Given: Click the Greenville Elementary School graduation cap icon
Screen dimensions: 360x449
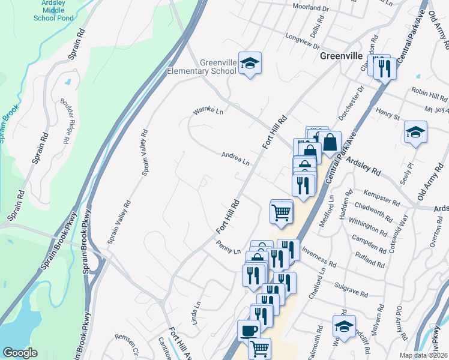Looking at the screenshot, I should click(250, 62).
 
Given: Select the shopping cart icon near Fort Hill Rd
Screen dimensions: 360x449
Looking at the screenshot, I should click(282, 212).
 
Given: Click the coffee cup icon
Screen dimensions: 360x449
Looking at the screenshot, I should click(248, 331).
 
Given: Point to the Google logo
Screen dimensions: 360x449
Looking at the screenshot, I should click(20, 353).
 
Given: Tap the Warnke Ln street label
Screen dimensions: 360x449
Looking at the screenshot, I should click(208, 112).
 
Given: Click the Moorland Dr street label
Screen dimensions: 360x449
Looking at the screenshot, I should click(311, 8).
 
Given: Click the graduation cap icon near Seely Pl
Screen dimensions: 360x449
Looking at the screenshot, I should click(415, 133).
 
